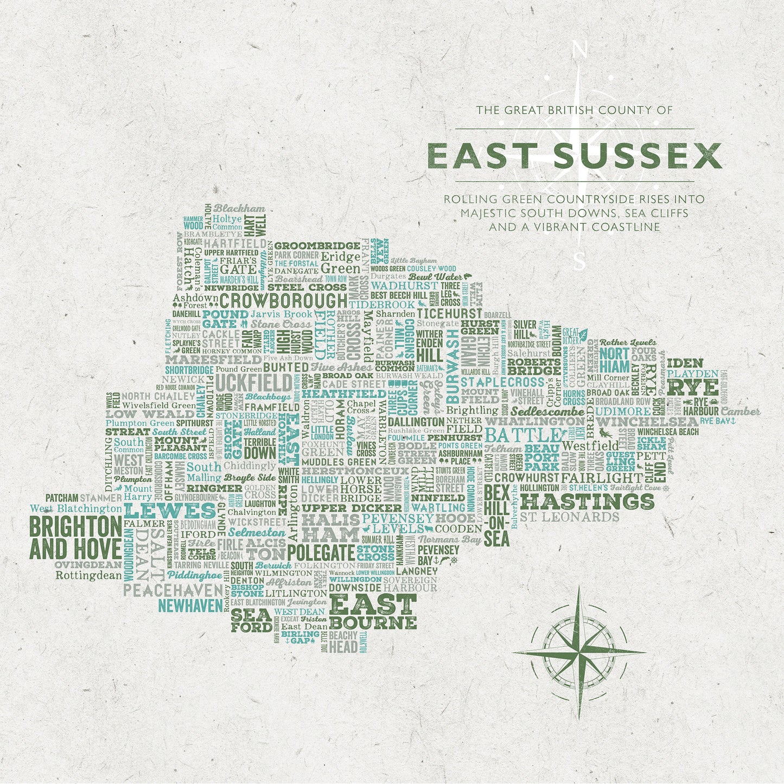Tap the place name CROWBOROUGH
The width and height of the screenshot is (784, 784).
[x=283, y=301]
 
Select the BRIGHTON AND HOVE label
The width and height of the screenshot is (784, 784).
[x=75, y=537]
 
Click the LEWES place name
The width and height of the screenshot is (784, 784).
[x=170, y=511]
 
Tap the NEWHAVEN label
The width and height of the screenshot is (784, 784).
[x=190, y=605]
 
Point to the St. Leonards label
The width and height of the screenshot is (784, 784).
[x=569, y=517]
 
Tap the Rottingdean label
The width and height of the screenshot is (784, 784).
[x=89, y=576]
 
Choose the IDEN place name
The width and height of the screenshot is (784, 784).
[x=685, y=363]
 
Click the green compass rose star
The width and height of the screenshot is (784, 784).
[x=579, y=651]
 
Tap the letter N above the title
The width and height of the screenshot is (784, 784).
[x=579, y=50]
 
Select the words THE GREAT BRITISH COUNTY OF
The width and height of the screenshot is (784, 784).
[x=574, y=110]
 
